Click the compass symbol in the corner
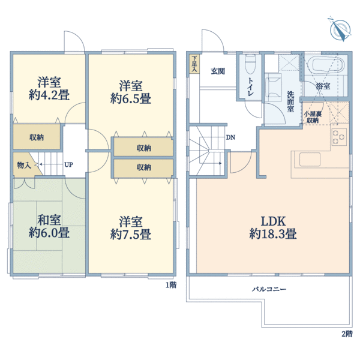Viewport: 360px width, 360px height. click(x=340, y=29)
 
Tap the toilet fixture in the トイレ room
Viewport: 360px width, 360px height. click(x=250, y=64)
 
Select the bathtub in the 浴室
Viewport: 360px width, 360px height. click(x=326, y=65)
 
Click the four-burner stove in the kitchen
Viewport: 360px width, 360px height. click(x=339, y=137)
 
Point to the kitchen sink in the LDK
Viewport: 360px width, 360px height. click(x=310, y=160)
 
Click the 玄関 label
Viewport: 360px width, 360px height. click(x=218, y=71)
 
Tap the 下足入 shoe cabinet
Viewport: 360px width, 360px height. click(x=194, y=64)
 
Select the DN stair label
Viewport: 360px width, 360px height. click(x=230, y=137)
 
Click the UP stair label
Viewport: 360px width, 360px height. click(x=68, y=164)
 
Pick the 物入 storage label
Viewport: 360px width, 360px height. click(x=24, y=165)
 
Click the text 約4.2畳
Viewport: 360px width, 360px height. click(x=49, y=95)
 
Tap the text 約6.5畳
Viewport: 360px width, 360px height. click(x=131, y=99)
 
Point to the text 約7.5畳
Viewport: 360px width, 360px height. click(x=131, y=235)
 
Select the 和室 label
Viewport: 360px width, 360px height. click(x=49, y=220)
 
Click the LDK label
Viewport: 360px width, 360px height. click(x=273, y=221)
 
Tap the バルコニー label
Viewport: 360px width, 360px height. click(x=269, y=289)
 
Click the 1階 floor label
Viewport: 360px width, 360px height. click(x=171, y=285)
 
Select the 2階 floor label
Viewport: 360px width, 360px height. click(x=347, y=334)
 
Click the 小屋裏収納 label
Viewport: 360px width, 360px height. click(x=313, y=117)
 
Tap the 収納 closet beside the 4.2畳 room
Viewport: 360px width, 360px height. click(x=37, y=137)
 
